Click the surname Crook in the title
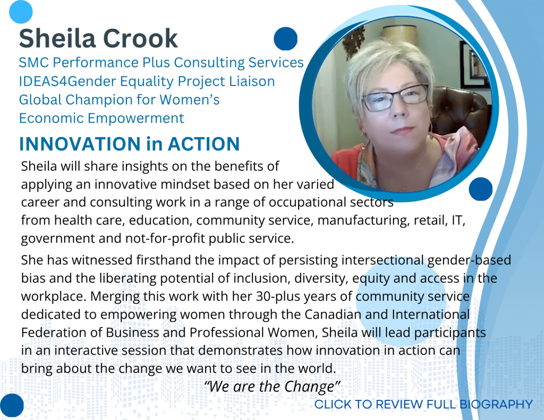(x=140, y=38)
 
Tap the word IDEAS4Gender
(x=67, y=81)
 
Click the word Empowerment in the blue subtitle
(x=136, y=118)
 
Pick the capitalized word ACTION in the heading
(x=203, y=144)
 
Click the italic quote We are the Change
(x=271, y=387)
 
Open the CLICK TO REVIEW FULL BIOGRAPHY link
(x=423, y=405)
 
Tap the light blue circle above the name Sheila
(x=21, y=12)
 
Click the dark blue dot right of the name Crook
(x=285, y=39)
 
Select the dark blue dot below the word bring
(x=12, y=405)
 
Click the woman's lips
(x=403, y=131)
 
